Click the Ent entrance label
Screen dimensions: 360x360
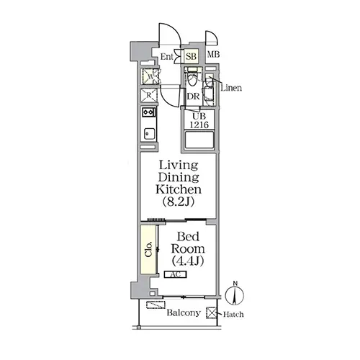pyautogui.click(x=166, y=57)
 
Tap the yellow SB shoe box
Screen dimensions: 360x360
pyautogui.click(x=192, y=56)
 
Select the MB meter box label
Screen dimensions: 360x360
pyautogui.click(x=213, y=55)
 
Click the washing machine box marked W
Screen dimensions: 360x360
pyautogui.click(x=150, y=76)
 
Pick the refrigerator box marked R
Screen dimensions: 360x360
pyautogui.click(x=149, y=95)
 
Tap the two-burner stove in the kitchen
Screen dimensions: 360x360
pyautogui.click(x=149, y=112)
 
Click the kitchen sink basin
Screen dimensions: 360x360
pyautogui.click(x=149, y=134)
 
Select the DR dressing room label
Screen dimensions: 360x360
pyautogui.click(x=193, y=96)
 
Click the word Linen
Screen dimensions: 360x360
pyautogui.click(x=231, y=88)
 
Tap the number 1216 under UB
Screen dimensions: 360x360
pyautogui.click(x=199, y=125)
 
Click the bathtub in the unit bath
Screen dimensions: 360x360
pyautogui.click(x=199, y=140)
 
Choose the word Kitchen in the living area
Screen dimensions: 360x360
pyautogui.click(x=179, y=189)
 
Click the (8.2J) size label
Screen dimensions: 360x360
pyautogui.click(x=179, y=202)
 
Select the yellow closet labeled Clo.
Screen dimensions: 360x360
pyautogui.click(x=148, y=249)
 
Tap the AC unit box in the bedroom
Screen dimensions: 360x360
pyautogui.click(x=176, y=274)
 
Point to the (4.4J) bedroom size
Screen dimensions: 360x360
pyautogui.click(x=188, y=261)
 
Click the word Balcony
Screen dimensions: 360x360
pyautogui.click(x=184, y=312)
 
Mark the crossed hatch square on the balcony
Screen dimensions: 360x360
pyautogui.click(x=212, y=313)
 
